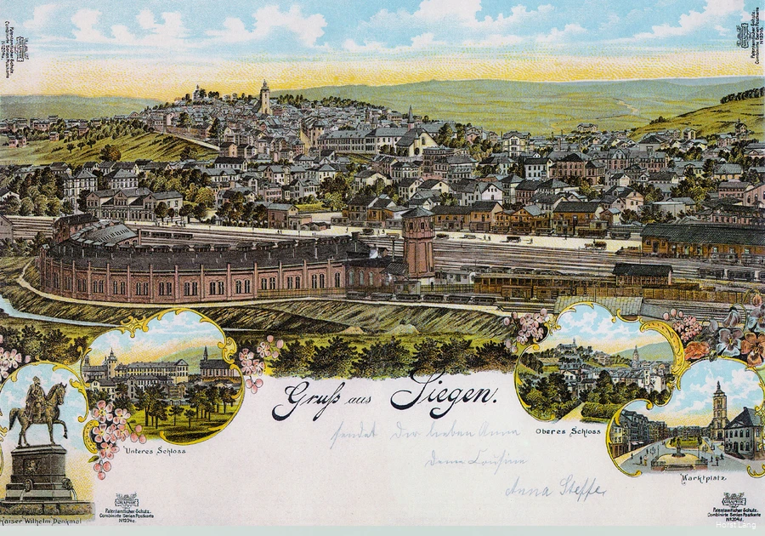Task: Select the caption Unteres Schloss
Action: coord(155,450)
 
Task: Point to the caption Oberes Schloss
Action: coord(557,431)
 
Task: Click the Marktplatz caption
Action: coord(703,477)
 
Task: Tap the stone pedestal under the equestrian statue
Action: coord(37,472)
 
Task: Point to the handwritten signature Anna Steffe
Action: coord(554,489)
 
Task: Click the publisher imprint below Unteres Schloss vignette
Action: coord(127,507)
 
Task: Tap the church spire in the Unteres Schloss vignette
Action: coord(204,356)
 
